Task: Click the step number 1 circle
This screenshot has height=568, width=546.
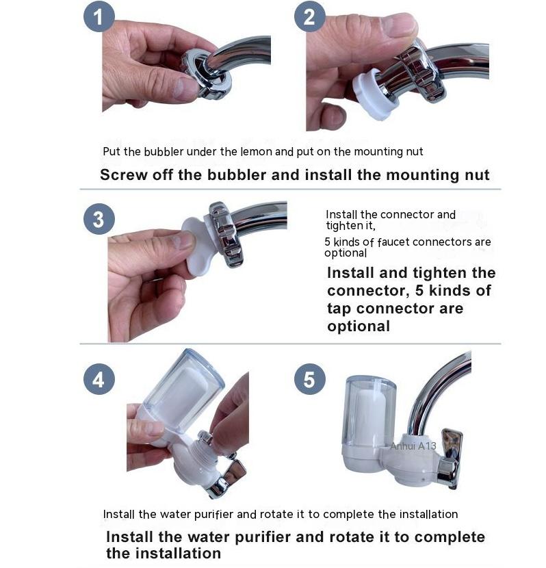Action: (99, 16)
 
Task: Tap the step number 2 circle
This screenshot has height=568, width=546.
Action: (309, 16)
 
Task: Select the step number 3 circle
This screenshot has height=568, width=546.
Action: (99, 219)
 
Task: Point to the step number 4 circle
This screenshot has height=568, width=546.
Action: (99, 379)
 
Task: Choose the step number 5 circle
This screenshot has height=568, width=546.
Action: (309, 379)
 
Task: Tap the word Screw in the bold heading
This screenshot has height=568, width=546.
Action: (123, 175)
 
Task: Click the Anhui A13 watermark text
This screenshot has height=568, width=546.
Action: (413, 446)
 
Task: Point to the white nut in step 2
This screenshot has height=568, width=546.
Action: (373, 94)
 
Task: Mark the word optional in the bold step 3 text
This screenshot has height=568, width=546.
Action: (359, 326)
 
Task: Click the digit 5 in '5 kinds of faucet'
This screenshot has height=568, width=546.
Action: (327, 242)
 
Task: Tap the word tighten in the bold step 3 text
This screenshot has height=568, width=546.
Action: (440, 273)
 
